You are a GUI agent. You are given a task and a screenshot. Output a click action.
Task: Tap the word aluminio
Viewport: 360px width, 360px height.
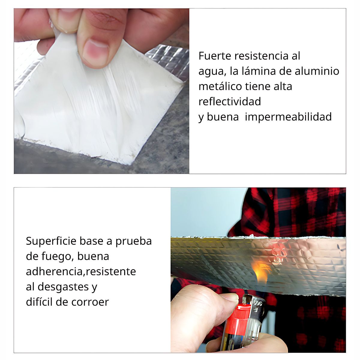pos(317,71)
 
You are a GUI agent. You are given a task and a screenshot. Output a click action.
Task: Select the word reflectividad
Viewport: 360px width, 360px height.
pos(229,102)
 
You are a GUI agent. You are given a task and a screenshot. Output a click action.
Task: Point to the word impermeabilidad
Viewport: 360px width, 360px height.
pos(288,117)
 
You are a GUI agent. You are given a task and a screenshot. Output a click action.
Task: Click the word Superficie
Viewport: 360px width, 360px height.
pos(51,241)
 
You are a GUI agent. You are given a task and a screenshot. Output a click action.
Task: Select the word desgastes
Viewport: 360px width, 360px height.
pos(63,287)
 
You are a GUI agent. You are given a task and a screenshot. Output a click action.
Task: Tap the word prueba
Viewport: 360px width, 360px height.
pos(133,241)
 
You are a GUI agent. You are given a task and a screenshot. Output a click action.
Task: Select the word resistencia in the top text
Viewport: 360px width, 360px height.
pos(261,56)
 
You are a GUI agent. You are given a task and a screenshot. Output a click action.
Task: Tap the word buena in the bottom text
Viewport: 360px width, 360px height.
pos(93,256)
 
